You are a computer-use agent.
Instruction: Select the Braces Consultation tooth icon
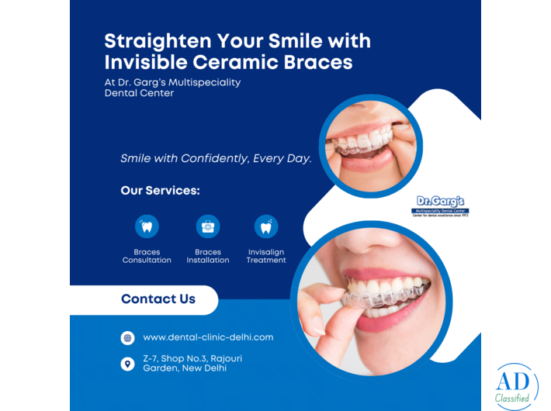tap(147, 226)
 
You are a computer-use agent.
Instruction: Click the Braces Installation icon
tap(208, 226)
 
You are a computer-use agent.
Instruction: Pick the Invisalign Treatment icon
tap(266, 226)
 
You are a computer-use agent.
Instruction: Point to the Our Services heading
tap(160, 190)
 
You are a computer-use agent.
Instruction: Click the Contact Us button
tap(158, 299)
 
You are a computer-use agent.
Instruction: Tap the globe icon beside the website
tap(127, 337)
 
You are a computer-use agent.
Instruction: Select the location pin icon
tap(127, 363)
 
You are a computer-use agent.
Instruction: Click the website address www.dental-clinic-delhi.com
tap(208, 337)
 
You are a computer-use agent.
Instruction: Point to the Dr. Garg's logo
tap(441, 205)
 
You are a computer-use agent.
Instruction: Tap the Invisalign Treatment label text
tap(266, 256)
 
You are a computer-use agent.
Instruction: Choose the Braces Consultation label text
tap(147, 256)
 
